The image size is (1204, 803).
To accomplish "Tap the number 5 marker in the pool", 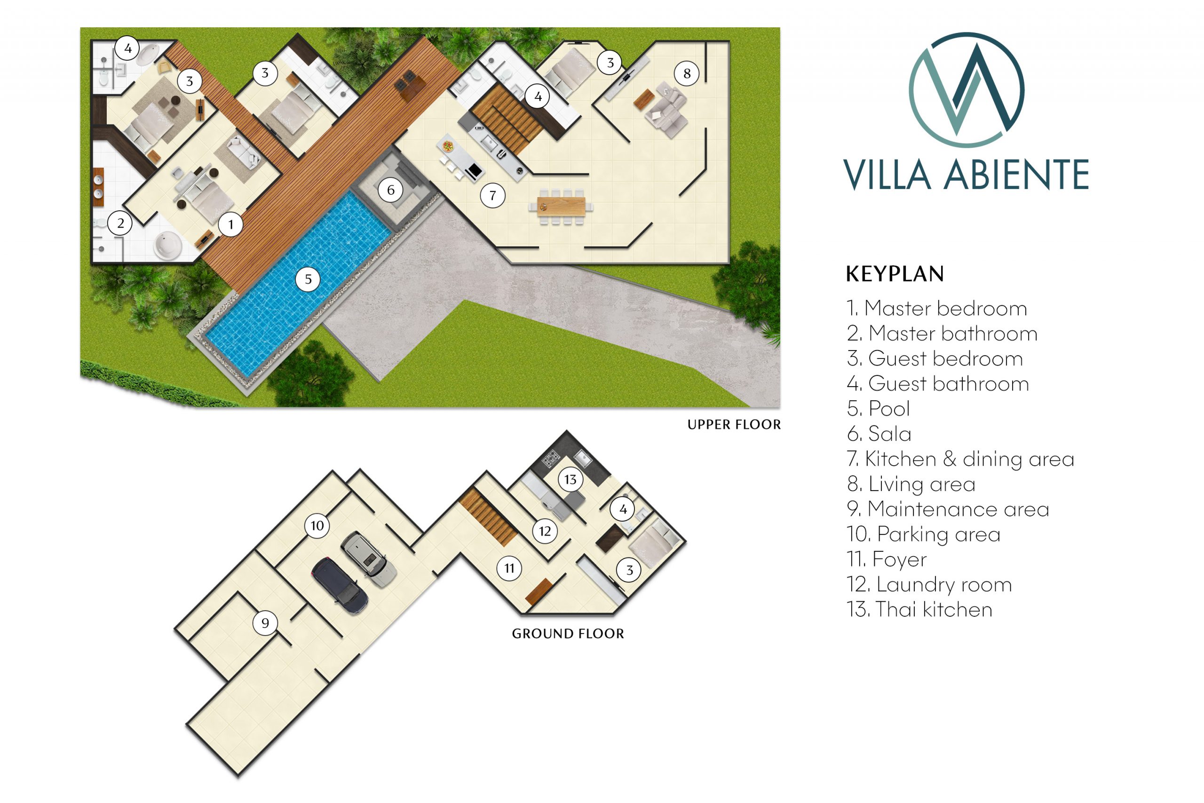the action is (308, 279).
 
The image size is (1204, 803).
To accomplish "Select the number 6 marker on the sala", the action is (390, 190).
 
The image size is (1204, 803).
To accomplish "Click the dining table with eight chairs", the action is (561, 207).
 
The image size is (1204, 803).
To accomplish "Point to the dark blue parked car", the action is (340, 585).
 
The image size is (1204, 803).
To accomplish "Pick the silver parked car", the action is (369, 559).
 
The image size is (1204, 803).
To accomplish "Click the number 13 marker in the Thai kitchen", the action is (570, 479).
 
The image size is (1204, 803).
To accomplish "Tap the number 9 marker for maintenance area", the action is (265, 623).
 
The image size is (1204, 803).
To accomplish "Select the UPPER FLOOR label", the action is (734, 424).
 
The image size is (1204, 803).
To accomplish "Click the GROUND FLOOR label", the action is (568, 634).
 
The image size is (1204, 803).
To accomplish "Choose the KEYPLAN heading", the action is (895, 274).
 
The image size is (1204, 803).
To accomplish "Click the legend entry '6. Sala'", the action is (879, 434).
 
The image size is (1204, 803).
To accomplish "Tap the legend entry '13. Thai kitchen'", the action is (919, 609).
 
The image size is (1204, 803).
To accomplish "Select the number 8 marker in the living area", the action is (687, 74).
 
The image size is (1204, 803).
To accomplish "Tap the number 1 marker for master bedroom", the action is (231, 224).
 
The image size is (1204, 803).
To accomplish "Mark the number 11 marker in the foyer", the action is (509, 568).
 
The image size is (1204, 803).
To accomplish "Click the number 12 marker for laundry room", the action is (545, 531).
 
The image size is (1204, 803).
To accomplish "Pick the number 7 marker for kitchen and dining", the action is (492, 195).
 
